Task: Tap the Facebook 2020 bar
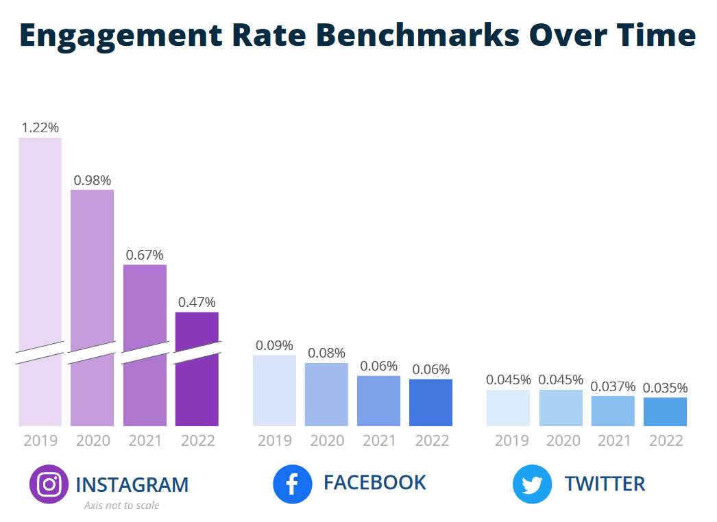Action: tap(326, 395)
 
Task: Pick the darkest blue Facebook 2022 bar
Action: tap(430, 403)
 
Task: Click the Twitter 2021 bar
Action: tap(613, 411)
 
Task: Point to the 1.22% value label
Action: tap(40, 127)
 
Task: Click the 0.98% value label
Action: tap(92, 180)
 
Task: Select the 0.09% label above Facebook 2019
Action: tap(274, 345)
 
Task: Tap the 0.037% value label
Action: tap(613, 386)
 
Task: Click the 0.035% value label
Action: tap(665, 388)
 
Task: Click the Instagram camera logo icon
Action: tap(49, 484)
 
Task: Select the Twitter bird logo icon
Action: tap(532, 484)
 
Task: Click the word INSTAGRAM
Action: tap(132, 485)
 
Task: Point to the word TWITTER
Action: tap(605, 484)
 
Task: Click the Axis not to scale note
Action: tap(121, 506)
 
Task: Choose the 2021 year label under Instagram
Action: tap(145, 440)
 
